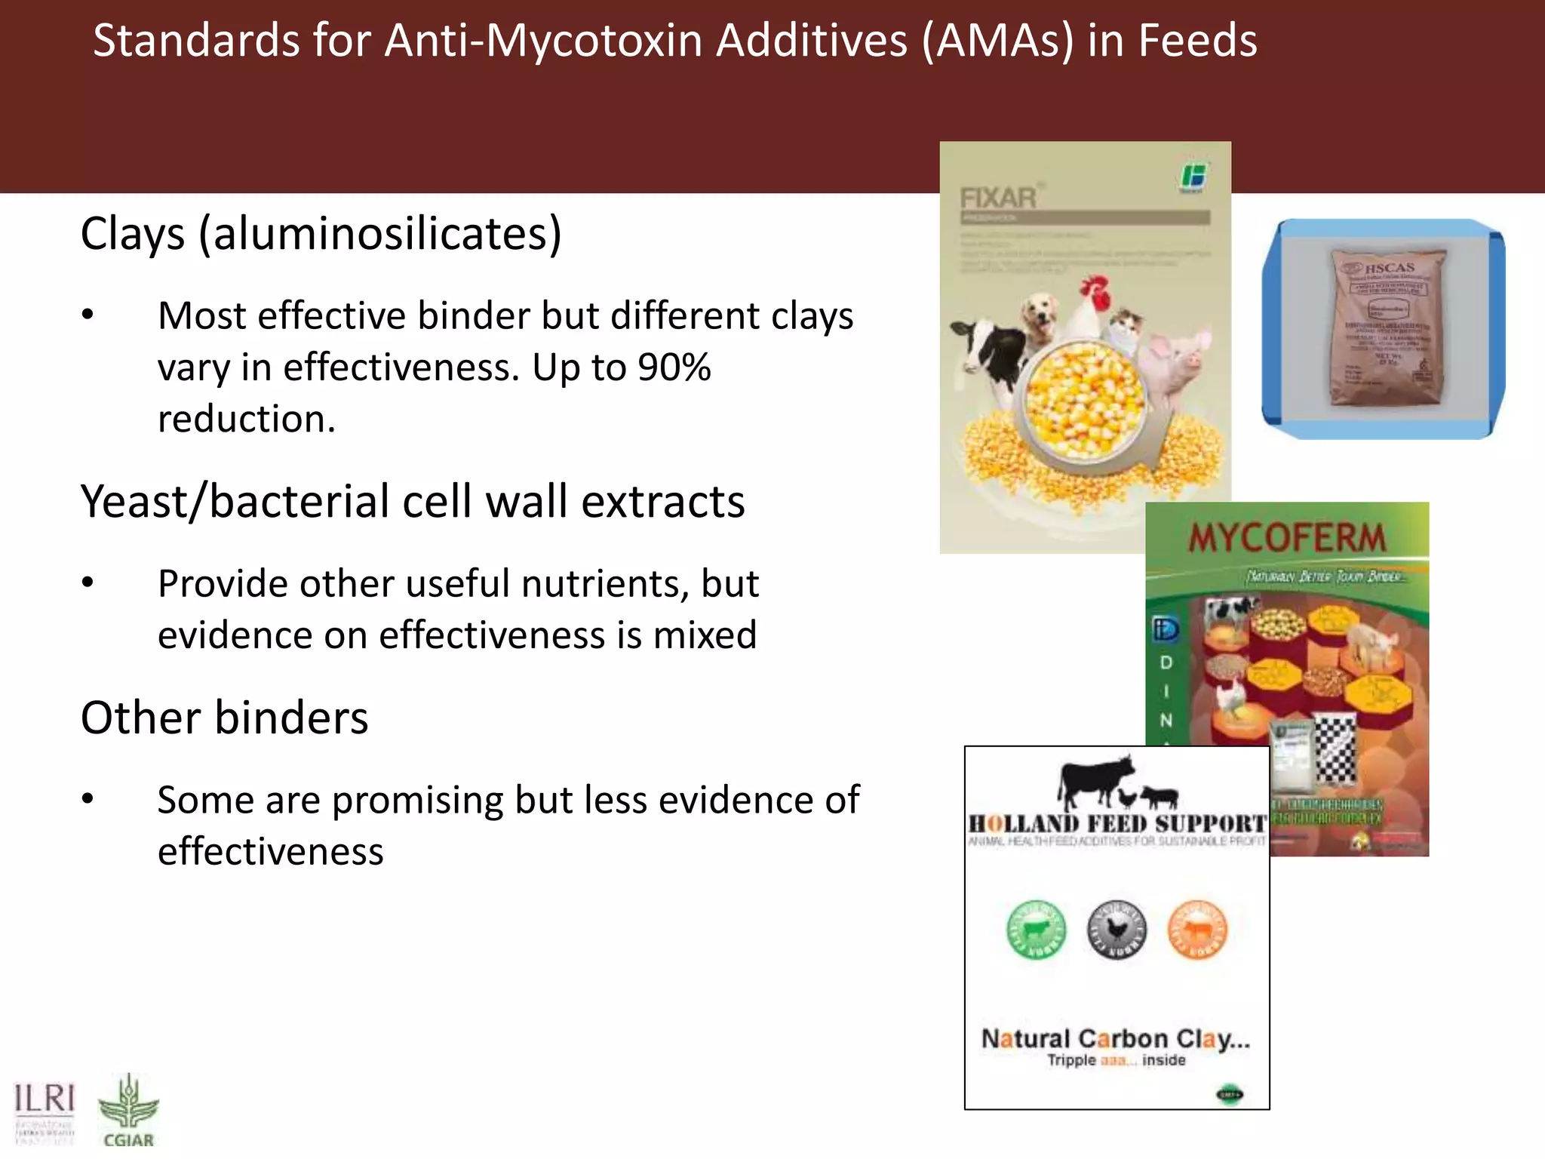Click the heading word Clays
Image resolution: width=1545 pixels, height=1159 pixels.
click(x=133, y=234)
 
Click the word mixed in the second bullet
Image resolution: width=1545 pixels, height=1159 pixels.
click(x=705, y=635)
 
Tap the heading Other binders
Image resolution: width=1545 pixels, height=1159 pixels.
click(x=224, y=718)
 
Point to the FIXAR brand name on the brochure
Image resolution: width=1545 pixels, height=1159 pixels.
click(x=998, y=198)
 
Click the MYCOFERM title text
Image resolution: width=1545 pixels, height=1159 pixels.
click(x=1287, y=538)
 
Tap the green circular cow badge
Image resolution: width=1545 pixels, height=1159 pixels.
click(x=1037, y=930)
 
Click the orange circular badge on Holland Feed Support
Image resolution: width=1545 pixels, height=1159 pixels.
click(x=1197, y=930)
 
